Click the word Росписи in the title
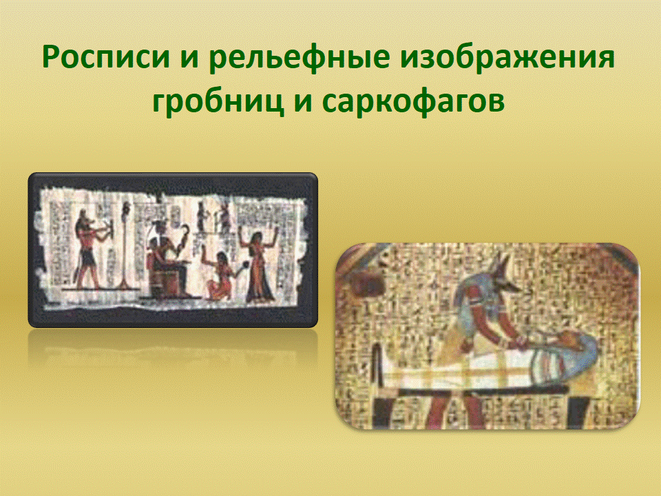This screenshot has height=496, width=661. (106, 57)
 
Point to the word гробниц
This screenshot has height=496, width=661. (218, 102)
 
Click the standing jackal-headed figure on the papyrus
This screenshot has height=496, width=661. (90, 249)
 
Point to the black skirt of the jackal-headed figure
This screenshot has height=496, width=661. (88, 257)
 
